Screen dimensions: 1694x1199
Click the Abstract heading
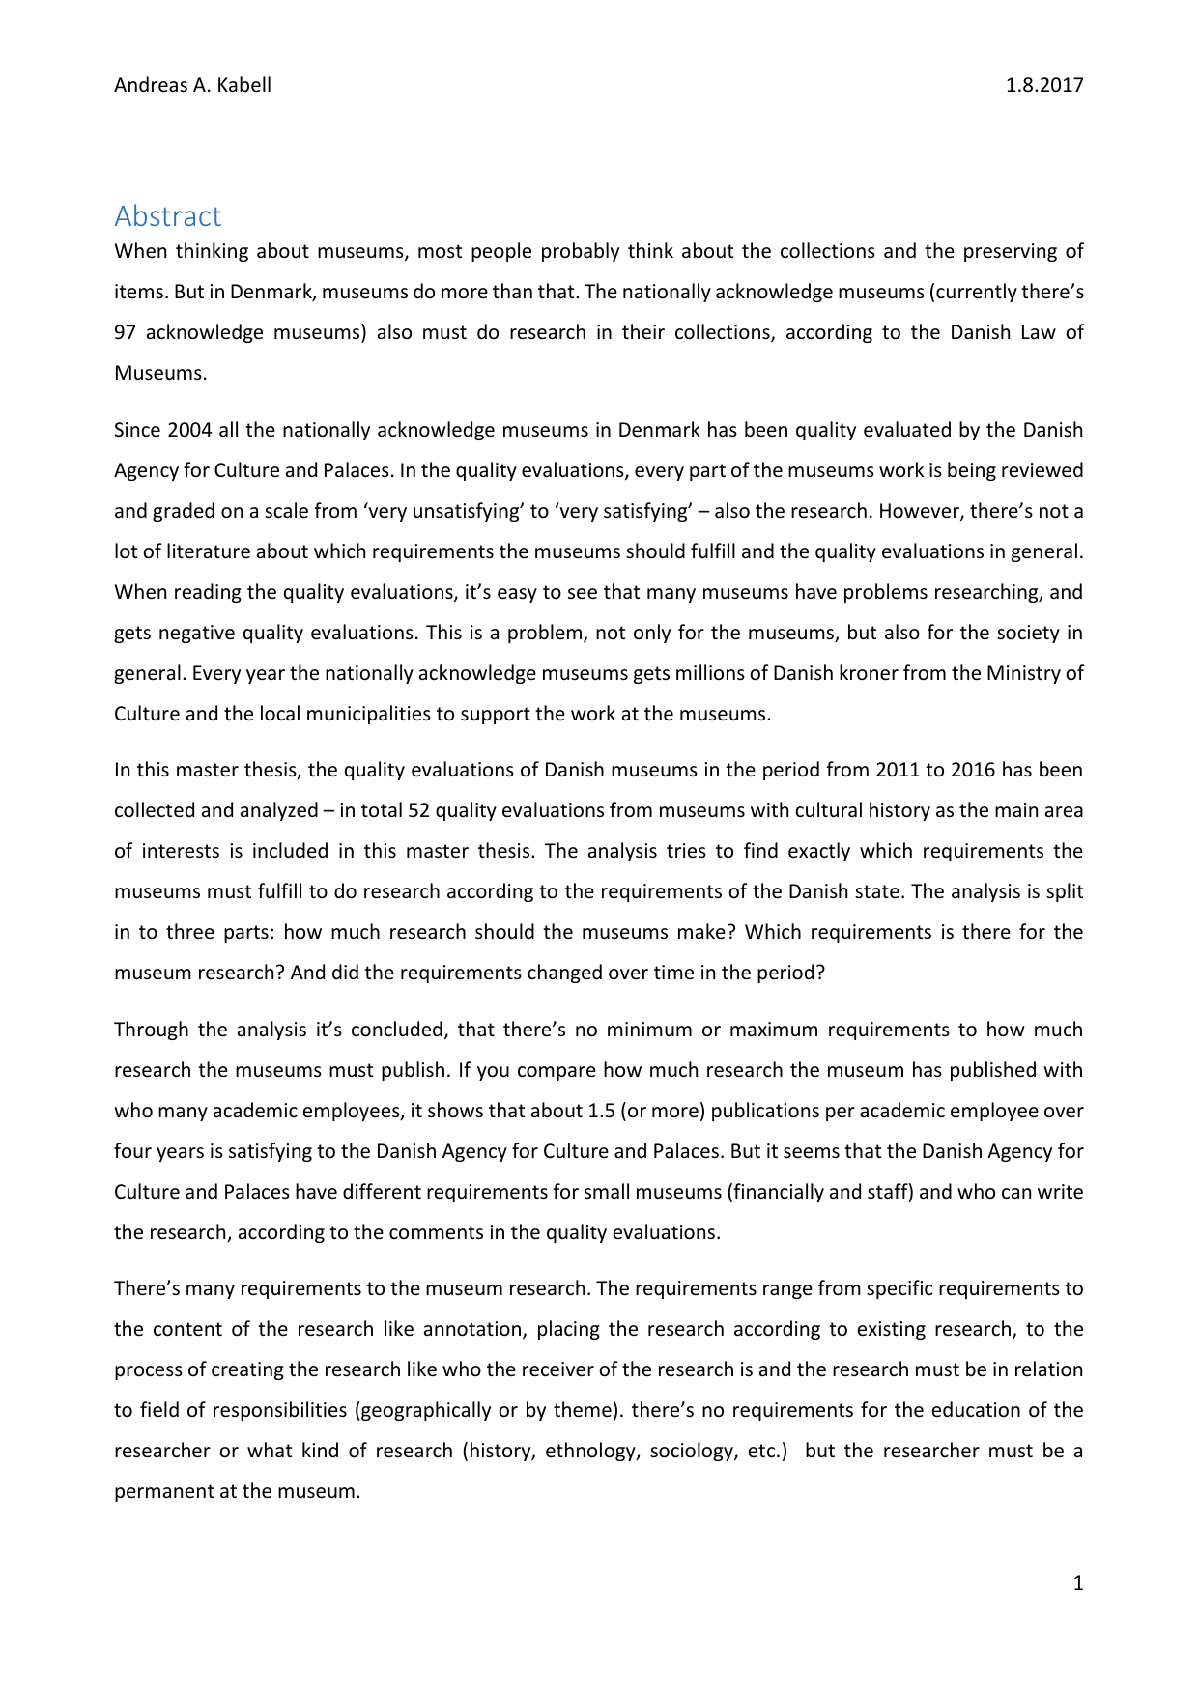pos(167,216)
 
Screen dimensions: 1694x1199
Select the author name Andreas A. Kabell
pos(192,85)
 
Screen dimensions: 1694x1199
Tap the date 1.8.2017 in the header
pos(1043,85)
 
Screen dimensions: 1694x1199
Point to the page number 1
pos(1078,1583)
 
